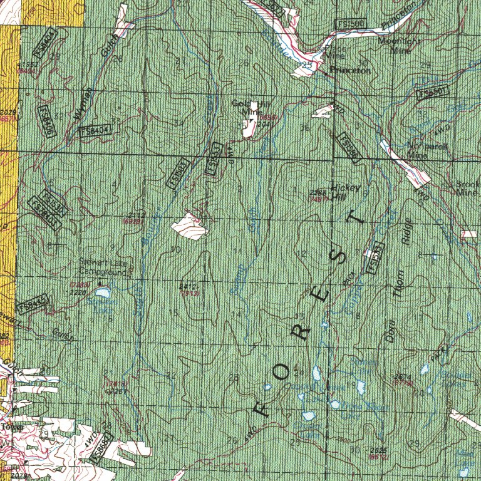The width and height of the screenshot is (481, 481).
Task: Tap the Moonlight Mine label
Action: tap(395, 46)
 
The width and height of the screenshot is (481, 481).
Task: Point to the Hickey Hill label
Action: tap(342, 191)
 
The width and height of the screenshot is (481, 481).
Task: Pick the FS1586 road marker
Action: tap(346, 149)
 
